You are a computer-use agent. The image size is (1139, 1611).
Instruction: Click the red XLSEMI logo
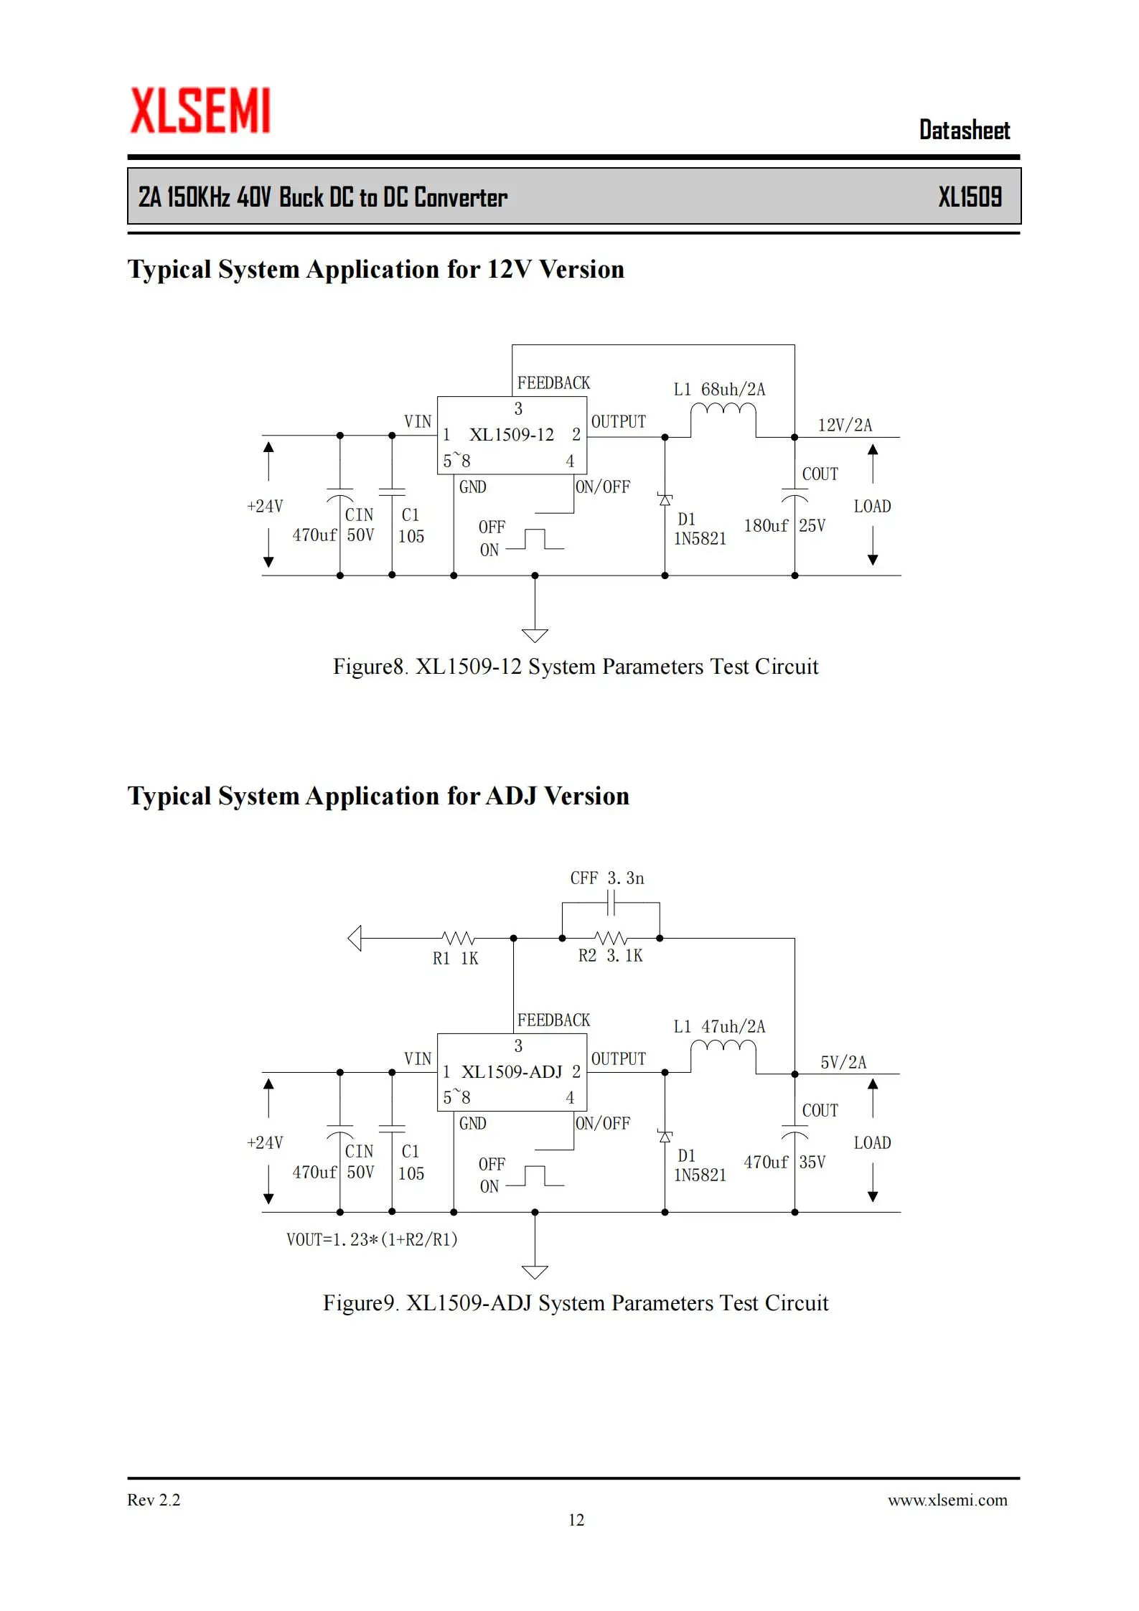point(200,111)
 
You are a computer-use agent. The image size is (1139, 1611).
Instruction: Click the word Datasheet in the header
point(965,130)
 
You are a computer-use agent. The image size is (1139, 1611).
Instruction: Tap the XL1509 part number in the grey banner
point(970,197)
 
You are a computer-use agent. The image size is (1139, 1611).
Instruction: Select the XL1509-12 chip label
point(512,435)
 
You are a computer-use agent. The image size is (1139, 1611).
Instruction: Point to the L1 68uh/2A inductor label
point(719,390)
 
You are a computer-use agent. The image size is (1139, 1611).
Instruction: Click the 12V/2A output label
point(845,425)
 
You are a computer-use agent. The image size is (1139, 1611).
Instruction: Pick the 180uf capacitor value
point(766,526)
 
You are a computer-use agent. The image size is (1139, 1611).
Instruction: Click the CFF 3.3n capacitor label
point(607,878)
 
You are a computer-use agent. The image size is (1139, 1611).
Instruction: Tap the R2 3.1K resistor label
point(611,956)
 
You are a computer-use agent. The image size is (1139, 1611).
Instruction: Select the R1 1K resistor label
point(455,959)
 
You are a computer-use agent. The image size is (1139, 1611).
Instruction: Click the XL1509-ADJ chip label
point(512,1072)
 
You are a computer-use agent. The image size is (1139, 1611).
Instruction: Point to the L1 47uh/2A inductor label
point(719,1027)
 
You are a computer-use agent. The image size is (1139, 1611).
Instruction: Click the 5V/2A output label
point(843,1062)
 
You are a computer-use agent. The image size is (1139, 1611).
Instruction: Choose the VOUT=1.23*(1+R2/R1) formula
point(372,1239)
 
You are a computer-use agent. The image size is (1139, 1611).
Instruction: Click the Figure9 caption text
point(576,1302)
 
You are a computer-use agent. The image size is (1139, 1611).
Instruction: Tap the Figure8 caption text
point(576,666)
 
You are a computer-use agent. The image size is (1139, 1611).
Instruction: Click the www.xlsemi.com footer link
point(947,1500)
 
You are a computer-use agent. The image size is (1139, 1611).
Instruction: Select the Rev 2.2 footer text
point(154,1500)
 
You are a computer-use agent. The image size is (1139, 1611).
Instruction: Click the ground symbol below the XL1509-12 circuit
point(535,635)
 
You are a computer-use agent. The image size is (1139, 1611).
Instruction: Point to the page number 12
point(576,1520)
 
